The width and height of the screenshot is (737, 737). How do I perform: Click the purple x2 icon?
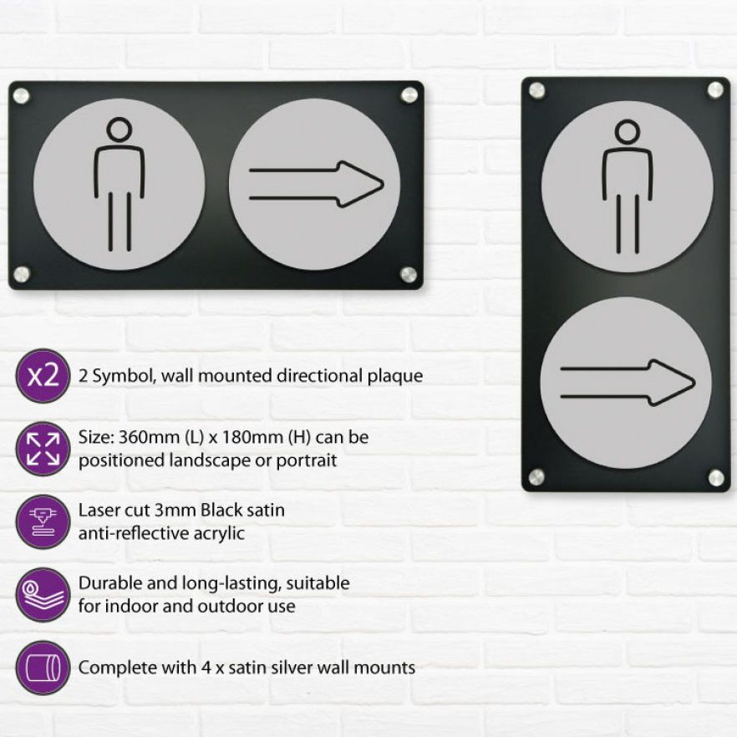pyautogui.click(x=43, y=375)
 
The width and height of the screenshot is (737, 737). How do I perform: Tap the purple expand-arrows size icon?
pyautogui.click(x=43, y=449)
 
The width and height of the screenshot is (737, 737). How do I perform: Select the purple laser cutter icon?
pyautogui.click(x=43, y=521)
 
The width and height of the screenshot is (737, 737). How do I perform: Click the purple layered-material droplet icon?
pyautogui.click(x=43, y=595)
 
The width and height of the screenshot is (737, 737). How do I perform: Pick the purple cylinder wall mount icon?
pyautogui.click(x=43, y=668)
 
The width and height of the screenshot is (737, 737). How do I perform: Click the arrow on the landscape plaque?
pyautogui.click(x=317, y=184)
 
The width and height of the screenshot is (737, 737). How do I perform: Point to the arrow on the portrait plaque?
pyautogui.click(x=628, y=383)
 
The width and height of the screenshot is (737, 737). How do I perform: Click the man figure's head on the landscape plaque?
pyautogui.click(x=119, y=130)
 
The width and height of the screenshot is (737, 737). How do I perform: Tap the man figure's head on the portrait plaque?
pyautogui.click(x=628, y=132)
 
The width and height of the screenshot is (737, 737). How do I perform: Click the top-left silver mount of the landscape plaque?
pyautogui.click(x=21, y=96)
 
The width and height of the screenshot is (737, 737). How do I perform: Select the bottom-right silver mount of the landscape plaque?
pyautogui.click(x=409, y=274)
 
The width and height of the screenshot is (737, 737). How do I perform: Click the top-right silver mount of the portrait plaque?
pyautogui.click(x=715, y=89)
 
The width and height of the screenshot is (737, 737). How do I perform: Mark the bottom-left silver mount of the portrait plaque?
pyautogui.click(x=536, y=477)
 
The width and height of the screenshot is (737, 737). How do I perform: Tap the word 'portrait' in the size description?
pyautogui.click(x=306, y=460)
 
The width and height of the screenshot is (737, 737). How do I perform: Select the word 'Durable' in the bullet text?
pyautogui.click(x=110, y=583)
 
